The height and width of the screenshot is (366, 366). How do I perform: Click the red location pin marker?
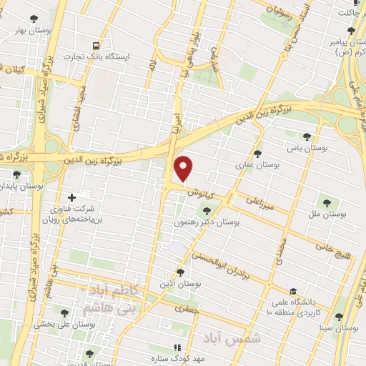coord(184,168)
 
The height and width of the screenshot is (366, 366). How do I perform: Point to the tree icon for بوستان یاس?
coord(307,137)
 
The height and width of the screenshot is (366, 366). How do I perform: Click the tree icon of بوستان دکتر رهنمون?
coord(207,210)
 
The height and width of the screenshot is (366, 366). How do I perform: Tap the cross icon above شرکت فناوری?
coord(71,198)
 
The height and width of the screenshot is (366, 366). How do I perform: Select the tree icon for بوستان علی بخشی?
coord(65,312)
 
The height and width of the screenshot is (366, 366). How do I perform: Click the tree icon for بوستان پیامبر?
coord(350,30)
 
